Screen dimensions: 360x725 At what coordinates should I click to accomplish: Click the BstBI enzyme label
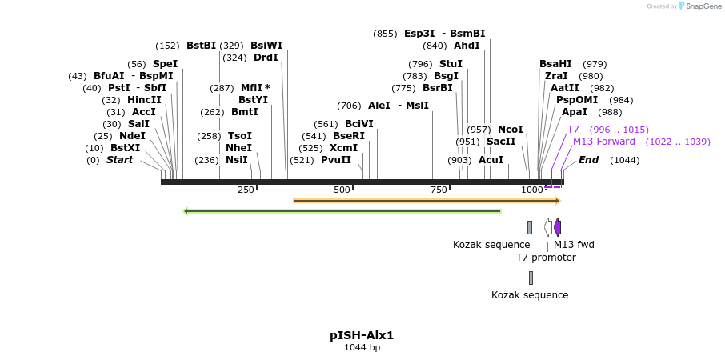click(x=201, y=46)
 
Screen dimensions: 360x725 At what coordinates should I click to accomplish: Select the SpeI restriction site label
click(x=165, y=64)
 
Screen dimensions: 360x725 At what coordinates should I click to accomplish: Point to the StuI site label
click(x=451, y=64)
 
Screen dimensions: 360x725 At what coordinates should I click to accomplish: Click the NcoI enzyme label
click(x=510, y=130)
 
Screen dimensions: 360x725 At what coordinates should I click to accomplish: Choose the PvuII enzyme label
click(x=336, y=160)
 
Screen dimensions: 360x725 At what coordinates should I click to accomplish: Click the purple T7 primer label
click(x=573, y=130)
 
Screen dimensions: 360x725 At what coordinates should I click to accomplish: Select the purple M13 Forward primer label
click(x=604, y=142)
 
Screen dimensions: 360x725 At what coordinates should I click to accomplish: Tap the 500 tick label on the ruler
click(x=342, y=190)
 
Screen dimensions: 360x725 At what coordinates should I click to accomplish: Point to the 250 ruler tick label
click(x=246, y=190)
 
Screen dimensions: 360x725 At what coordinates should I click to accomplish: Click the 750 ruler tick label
click(x=439, y=190)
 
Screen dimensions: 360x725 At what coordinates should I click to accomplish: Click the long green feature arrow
click(x=342, y=211)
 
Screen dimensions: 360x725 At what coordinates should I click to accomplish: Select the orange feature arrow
click(x=427, y=201)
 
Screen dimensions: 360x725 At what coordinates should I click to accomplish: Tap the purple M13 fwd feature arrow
click(x=558, y=227)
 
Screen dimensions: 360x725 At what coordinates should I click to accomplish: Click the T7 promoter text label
click(x=546, y=258)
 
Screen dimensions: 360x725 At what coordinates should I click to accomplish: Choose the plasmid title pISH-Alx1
click(x=362, y=335)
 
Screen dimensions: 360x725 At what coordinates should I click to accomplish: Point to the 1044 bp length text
click(x=362, y=348)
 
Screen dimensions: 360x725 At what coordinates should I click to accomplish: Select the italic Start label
click(x=119, y=160)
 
